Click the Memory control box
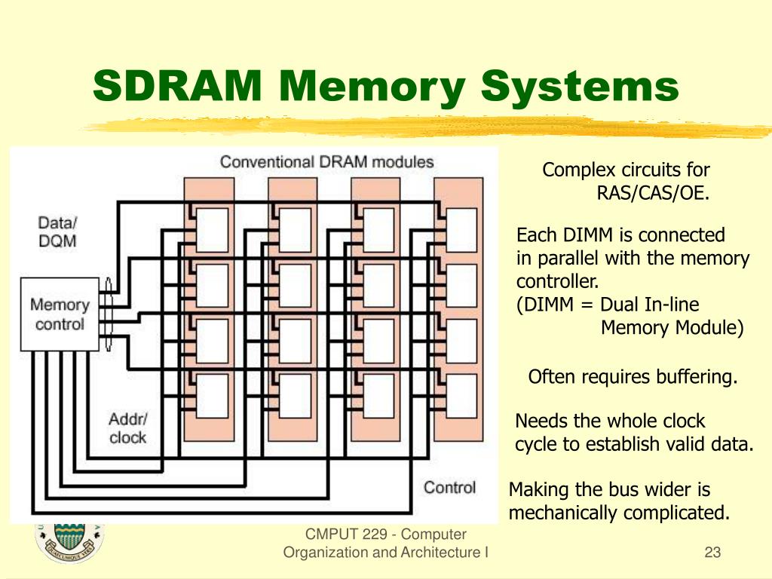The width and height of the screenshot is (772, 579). pos(60,314)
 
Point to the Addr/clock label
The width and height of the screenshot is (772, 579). pos(127,428)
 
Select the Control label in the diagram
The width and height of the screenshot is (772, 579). pos(449,487)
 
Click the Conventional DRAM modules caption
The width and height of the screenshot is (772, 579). pos(326,162)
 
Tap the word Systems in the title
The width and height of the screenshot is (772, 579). pos(580,87)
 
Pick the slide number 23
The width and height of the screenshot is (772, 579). pos(712,553)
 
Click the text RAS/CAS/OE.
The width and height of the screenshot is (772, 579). pos(653,193)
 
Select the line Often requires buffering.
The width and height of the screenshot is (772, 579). pos(633,377)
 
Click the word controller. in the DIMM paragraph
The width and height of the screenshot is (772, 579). pos(557,282)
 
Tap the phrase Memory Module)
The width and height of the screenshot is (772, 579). pos(672,328)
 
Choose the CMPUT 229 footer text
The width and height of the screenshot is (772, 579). pos(385,535)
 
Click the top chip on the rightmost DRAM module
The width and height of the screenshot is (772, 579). pos(461,219)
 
